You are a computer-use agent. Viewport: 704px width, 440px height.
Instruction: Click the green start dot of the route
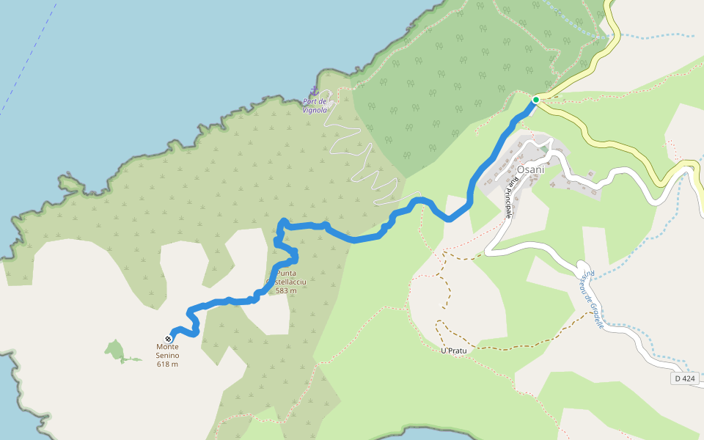coord(536,100)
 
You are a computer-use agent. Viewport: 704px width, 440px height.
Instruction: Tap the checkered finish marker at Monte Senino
coord(169,339)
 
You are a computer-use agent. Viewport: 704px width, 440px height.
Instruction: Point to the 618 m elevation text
coord(167,364)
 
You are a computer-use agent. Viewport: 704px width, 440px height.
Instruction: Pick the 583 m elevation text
coord(286,291)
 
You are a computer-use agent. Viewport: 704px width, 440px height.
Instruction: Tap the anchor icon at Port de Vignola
coord(315,91)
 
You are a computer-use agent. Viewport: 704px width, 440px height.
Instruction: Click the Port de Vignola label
coord(315,106)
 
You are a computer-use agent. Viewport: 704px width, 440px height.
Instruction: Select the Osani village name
coord(531,170)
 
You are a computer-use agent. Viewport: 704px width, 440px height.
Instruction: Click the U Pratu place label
coord(454,351)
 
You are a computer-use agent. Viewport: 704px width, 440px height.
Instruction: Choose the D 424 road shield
coord(683,378)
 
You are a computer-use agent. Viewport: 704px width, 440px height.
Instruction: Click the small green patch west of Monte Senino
coord(114,351)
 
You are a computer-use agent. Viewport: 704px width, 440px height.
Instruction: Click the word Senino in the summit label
coord(167,356)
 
